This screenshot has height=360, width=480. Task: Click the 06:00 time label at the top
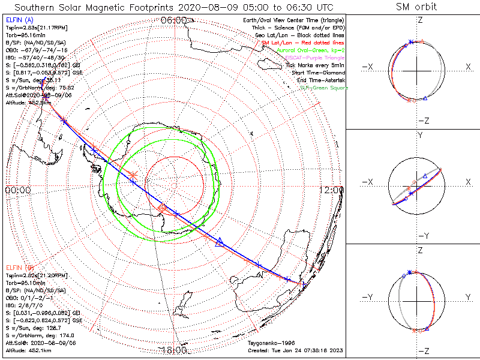[x=174, y=20]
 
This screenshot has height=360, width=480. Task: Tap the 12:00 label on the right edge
[x=332, y=190]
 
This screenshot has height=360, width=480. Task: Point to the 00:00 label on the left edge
[x=17, y=190]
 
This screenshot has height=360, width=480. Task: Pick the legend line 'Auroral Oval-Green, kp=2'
[x=310, y=50]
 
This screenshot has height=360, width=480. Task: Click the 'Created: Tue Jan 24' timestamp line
[x=296, y=350]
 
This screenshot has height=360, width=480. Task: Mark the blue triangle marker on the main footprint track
[x=220, y=242]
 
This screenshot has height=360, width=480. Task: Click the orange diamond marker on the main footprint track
[x=162, y=208]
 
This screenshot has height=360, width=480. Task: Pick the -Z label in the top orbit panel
[x=422, y=121]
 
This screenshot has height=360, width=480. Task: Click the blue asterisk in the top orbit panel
[x=410, y=42]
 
